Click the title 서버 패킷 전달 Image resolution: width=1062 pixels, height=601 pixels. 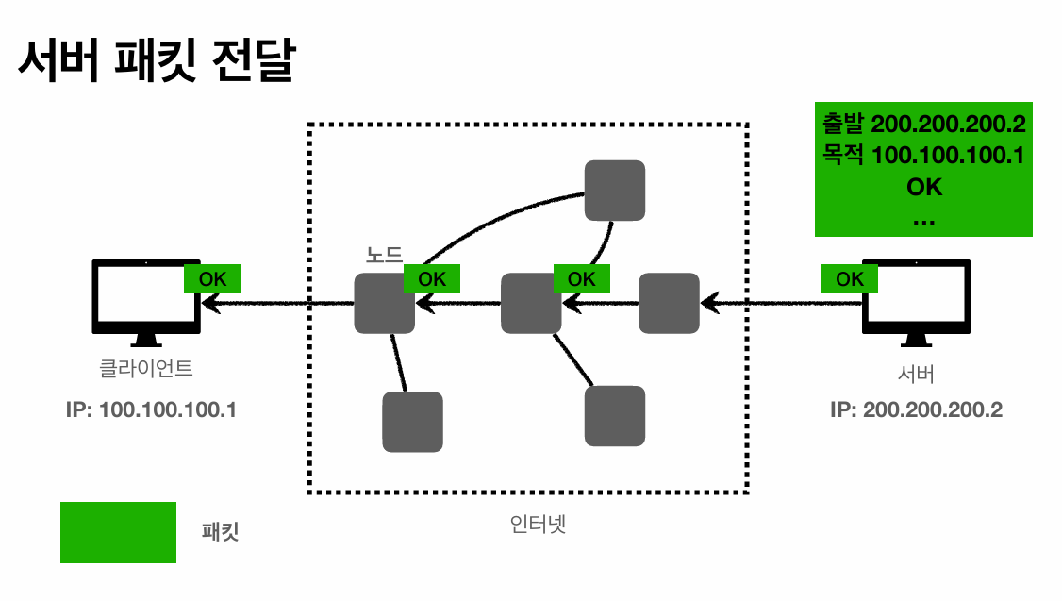point(157,61)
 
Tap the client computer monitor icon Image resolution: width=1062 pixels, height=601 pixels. point(146,303)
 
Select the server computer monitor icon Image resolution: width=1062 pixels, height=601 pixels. point(916,303)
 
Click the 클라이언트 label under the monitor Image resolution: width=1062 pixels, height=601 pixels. point(146,369)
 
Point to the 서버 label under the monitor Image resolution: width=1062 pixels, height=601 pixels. point(916,374)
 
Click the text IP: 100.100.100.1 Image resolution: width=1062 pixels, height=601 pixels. point(151,409)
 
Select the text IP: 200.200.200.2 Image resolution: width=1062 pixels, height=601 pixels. point(917,409)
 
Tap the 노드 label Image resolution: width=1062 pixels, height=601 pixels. point(384,255)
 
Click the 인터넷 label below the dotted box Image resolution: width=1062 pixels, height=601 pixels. point(538,524)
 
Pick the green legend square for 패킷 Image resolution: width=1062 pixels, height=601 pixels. point(119,532)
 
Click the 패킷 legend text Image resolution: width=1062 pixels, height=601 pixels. point(220,531)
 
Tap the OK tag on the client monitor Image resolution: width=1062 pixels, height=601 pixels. point(212,278)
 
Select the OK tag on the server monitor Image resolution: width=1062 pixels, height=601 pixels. point(850,278)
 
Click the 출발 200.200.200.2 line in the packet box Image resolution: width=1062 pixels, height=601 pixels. point(924,124)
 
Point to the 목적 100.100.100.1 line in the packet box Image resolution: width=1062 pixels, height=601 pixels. point(924,155)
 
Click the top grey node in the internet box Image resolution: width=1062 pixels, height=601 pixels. point(615,191)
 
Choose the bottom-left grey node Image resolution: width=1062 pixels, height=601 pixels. point(412,422)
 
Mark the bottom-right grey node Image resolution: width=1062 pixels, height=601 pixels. point(615,416)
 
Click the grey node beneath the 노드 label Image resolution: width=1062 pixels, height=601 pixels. point(384,303)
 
